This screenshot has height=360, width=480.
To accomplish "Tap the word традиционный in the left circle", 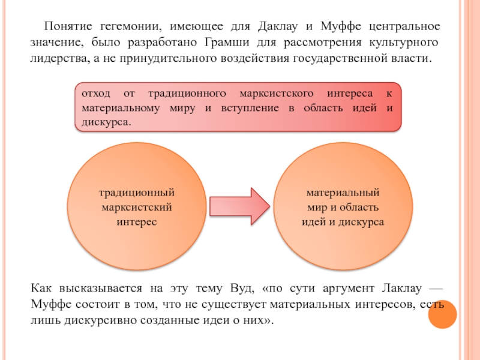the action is [x=137, y=193].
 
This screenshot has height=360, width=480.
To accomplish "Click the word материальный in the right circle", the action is [x=343, y=193].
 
